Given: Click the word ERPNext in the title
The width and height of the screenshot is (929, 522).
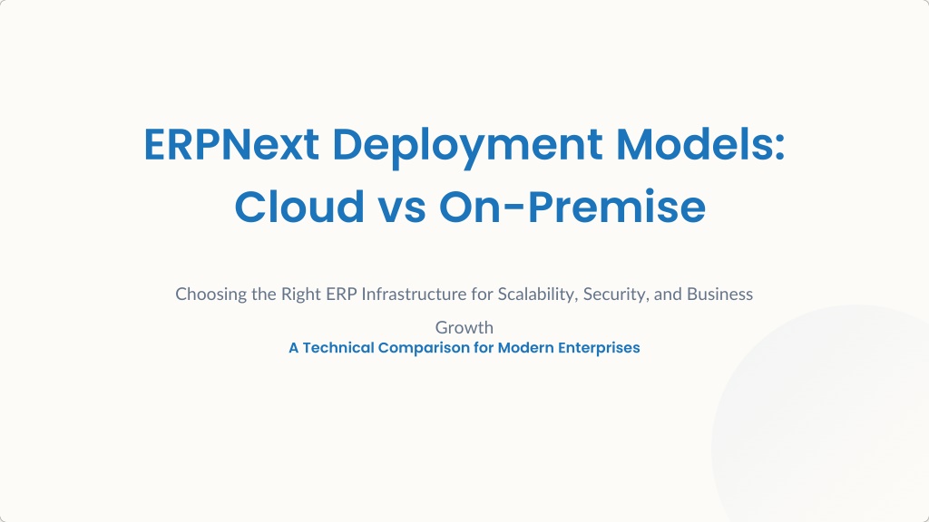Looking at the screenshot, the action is [x=231, y=144].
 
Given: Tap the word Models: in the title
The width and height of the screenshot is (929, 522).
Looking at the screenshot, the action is [x=700, y=144].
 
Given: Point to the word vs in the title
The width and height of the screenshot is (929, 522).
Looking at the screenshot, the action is [x=402, y=210].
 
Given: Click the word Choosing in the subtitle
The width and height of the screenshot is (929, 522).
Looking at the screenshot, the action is [x=210, y=295].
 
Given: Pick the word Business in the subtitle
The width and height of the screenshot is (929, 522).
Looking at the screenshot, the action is [x=719, y=294].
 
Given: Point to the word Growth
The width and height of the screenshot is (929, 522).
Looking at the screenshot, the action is [x=464, y=327].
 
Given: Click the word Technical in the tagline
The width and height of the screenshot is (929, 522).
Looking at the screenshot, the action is [x=338, y=347].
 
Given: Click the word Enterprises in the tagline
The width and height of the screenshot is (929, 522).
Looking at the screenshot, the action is [x=599, y=348].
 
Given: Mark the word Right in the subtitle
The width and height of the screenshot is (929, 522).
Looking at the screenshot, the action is [x=300, y=295].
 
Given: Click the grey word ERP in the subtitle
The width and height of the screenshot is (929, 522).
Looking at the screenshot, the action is [x=341, y=294].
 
